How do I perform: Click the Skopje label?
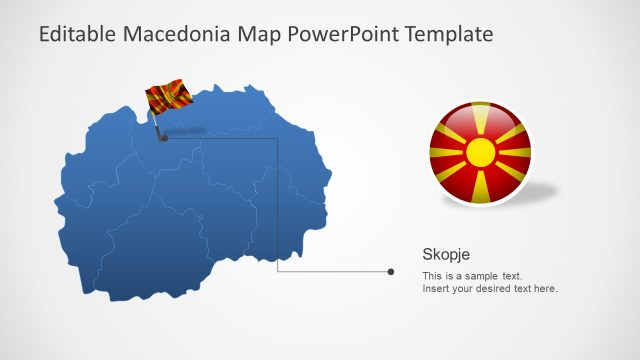pos(446,254)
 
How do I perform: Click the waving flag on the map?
pos(169,96)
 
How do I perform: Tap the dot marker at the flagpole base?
pos(164,139)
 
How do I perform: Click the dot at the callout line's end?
pos(391,271)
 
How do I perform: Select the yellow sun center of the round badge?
pos(481,153)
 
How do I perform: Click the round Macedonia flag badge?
pos(481,153)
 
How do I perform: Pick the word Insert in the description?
pos(437,289)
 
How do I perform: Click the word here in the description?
pos(546,289)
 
